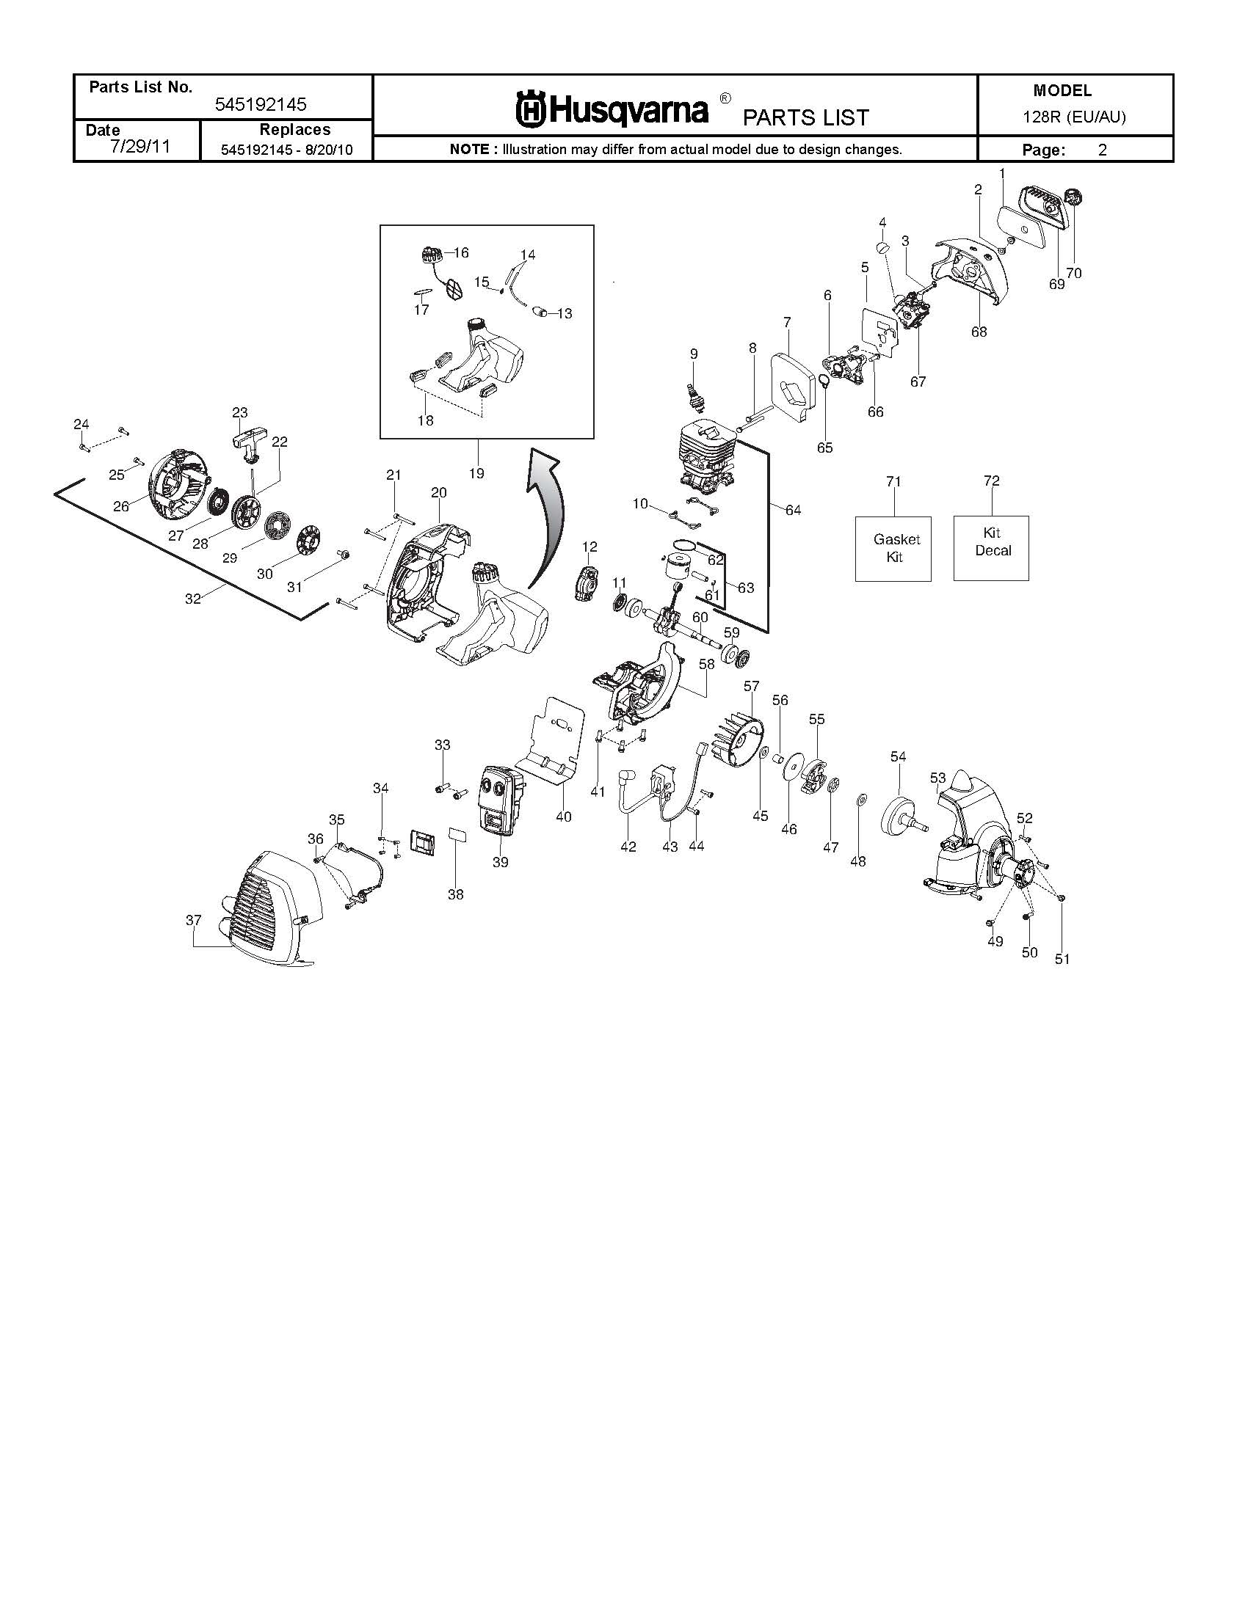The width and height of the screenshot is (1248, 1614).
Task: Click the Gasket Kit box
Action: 893,548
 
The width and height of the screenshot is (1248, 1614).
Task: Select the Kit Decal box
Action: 991,547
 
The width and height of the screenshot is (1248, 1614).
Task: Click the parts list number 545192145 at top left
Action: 261,105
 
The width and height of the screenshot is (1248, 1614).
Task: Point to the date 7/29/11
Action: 139,146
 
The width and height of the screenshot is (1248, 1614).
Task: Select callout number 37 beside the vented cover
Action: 193,920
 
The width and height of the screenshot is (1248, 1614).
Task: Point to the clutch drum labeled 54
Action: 903,813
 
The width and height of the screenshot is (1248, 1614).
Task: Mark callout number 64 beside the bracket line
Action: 793,510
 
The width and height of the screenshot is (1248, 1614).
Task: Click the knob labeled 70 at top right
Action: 1071,198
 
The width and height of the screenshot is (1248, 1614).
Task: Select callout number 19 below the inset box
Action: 477,473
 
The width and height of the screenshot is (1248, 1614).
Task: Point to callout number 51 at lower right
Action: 1062,959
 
